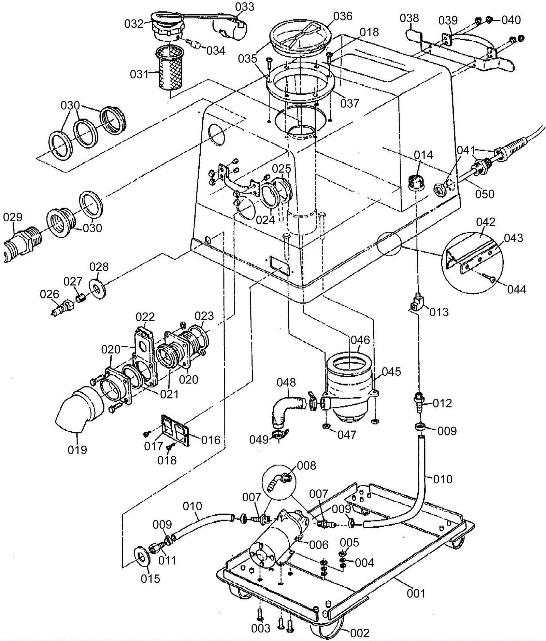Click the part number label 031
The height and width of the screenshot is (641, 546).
pos(139,74)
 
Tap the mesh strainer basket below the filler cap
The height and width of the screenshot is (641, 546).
pos(170,68)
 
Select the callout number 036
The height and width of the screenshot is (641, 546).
pos(342,16)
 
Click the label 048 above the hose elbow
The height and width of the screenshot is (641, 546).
pos(286,382)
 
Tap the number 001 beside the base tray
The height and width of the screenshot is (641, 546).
pos(416,594)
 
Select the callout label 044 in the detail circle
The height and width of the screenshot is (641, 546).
pos(517,289)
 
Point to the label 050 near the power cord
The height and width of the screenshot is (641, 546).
pos(485,194)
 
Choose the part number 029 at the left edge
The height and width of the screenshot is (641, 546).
pos(13,217)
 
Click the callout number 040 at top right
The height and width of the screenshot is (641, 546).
pos(511,20)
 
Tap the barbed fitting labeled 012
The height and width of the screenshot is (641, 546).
pos(419,403)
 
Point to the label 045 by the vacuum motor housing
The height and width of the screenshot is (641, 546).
pos(391,371)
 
